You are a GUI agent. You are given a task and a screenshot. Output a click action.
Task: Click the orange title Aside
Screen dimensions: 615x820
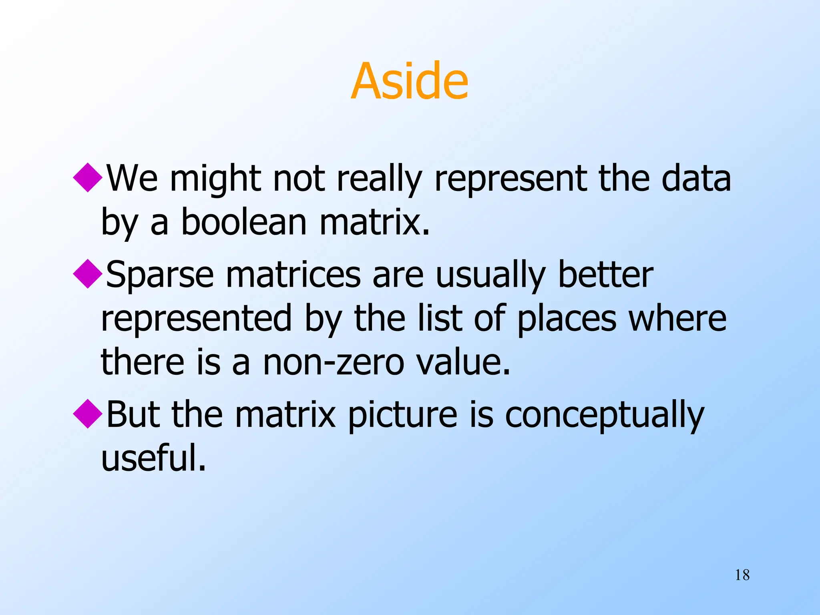pyautogui.click(x=409, y=81)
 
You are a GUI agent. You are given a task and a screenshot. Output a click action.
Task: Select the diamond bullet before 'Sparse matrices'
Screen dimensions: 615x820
pyautogui.click(x=88, y=274)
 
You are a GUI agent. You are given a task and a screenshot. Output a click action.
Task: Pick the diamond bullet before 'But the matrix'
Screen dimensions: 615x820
pyautogui.click(x=88, y=414)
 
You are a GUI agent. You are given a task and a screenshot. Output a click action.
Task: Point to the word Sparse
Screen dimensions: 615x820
pyautogui.click(x=160, y=275)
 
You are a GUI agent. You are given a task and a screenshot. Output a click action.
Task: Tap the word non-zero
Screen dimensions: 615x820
pyautogui.click(x=333, y=362)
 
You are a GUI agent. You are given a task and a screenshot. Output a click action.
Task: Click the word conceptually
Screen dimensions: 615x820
pyautogui.click(x=604, y=415)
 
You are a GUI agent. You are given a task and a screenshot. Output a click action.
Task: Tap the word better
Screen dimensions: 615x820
pyautogui.click(x=605, y=275)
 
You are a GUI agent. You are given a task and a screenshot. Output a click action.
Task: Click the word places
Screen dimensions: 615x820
pyautogui.click(x=567, y=319)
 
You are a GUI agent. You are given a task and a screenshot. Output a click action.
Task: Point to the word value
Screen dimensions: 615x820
pyautogui.click(x=463, y=362)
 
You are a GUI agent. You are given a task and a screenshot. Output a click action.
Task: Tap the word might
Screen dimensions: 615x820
pyautogui.click(x=215, y=179)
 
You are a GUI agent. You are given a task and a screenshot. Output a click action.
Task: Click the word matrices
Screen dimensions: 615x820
pyautogui.click(x=293, y=275)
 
